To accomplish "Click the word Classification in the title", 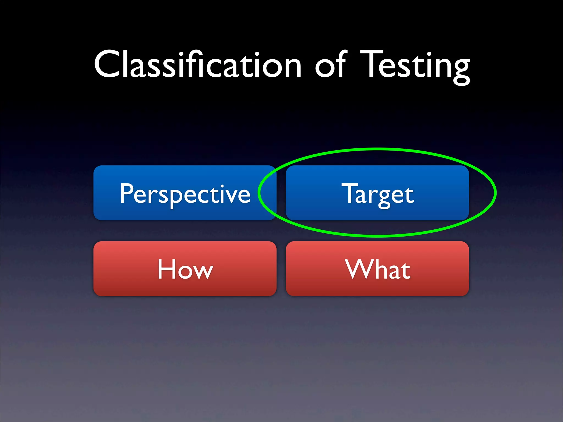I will pos(198,65).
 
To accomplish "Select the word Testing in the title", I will pos(415,66).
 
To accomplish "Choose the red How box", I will pos(185,269).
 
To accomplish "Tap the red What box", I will pos(377,269).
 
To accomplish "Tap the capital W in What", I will pos(357,269).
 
